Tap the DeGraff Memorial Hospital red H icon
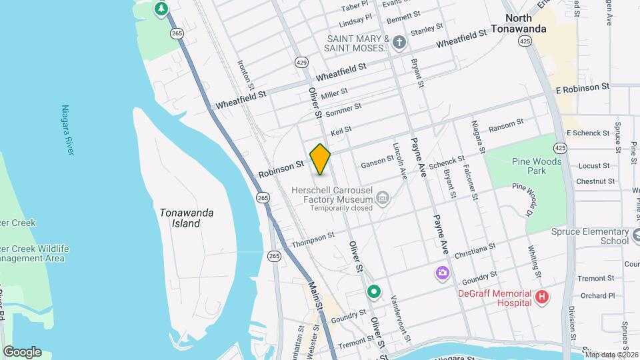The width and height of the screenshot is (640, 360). (542, 297)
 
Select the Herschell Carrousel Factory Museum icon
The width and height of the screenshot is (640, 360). (382, 197)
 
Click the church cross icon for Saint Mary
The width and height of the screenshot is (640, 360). (399, 43)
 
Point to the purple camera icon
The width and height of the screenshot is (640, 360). (442, 273)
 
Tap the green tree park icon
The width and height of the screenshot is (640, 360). (161, 9)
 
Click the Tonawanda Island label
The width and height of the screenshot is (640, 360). (187, 218)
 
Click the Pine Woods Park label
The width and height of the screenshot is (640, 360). (537, 166)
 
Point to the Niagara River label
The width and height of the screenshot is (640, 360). (67, 129)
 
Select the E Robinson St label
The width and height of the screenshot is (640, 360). (582, 87)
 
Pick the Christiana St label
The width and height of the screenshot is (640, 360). (475, 250)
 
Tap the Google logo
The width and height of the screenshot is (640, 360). (22, 352)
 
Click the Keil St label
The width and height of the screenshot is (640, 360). (341, 131)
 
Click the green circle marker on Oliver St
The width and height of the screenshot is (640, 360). (374, 291)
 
